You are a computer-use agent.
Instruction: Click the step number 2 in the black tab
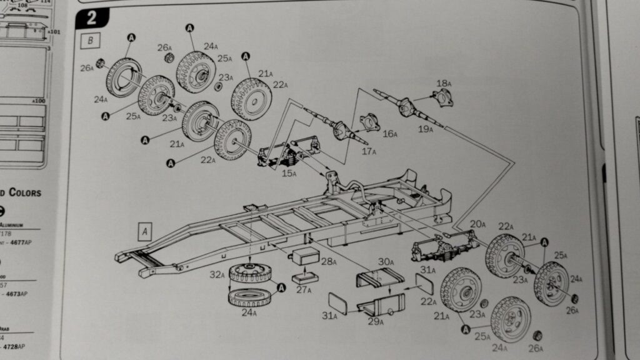pyautogui.click(x=91, y=17)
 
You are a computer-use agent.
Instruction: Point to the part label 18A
pyautogui.click(x=444, y=83)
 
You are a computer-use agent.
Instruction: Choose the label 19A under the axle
pyautogui.click(x=425, y=129)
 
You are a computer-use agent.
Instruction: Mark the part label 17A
pyautogui.click(x=368, y=151)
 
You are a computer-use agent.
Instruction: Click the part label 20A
pyautogui.click(x=478, y=224)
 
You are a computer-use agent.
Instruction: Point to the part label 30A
pyautogui.click(x=385, y=262)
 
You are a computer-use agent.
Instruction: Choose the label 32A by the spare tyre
pyautogui.click(x=216, y=274)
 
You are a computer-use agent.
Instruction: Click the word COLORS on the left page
pyautogui.click(x=25, y=192)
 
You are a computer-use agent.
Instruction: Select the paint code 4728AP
pyautogui.click(x=16, y=346)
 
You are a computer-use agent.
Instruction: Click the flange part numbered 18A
pyautogui.click(x=443, y=98)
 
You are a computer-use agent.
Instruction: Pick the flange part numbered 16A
pyautogui.click(x=370, y=121)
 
